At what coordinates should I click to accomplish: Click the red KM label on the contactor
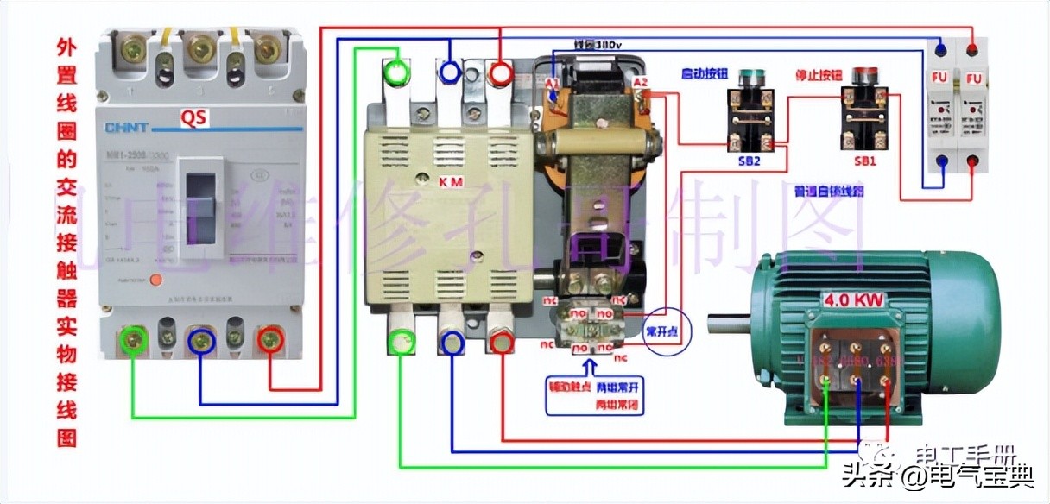[x=451, y=183]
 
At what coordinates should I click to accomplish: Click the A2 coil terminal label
[x=640, y=82]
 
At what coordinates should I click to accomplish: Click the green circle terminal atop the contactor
[x=396, y=73]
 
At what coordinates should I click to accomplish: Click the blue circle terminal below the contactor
[x=451, y=343]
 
